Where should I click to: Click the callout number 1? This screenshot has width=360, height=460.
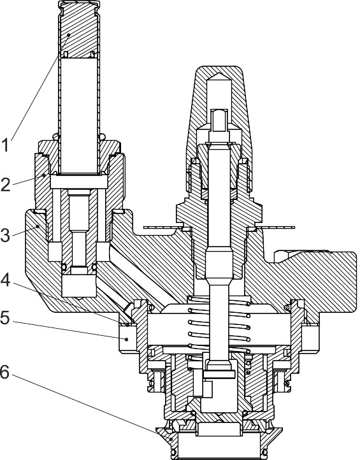coord(7,145)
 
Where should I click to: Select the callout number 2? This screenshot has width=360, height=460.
coord(7,186)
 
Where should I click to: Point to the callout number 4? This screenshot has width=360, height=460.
coord(7,278)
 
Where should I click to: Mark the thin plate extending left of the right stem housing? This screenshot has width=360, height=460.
coord(162,226)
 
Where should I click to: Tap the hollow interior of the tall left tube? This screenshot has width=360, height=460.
coord(79,115)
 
